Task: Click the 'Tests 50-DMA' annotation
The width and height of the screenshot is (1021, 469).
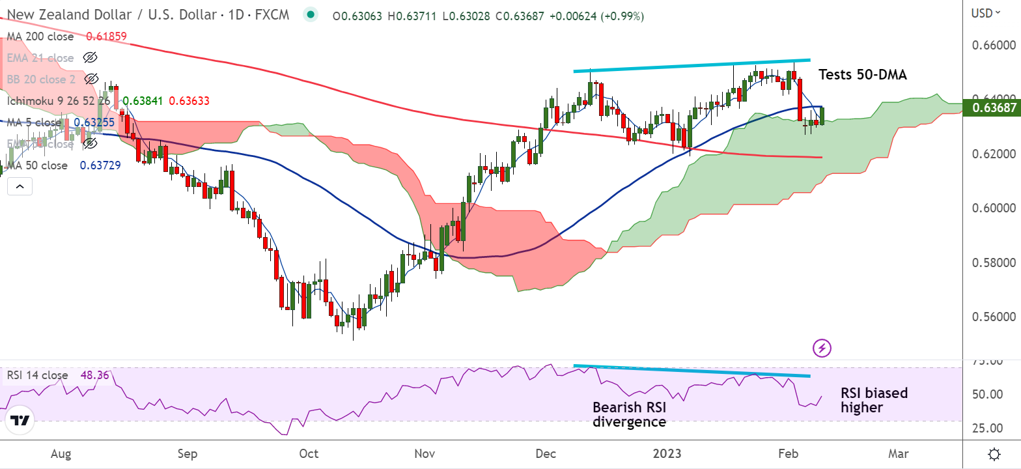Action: click(x=862, y=75)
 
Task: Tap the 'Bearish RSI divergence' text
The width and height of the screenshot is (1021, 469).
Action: click(x=629, y=415)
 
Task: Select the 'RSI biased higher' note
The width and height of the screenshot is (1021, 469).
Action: click(x=874, y=400)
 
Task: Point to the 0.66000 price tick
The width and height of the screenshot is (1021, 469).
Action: click(x=994, y=46)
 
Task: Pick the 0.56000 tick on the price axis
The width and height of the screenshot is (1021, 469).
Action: click(x=994, y=317)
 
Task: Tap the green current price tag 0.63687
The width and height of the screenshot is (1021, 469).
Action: click(x=994, y=107)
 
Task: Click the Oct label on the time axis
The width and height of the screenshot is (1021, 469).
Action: click(x=308, y=453)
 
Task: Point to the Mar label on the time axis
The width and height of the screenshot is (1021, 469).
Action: click(x=899, y=453)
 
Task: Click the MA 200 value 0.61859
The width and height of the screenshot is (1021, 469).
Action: click(x=107, y=37)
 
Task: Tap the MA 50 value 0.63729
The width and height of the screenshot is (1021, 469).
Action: click(x=100, y=165)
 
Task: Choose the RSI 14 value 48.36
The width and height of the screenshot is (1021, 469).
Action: click(x=94, y=375)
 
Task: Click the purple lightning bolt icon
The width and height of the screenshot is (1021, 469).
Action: click(x=822, y=348)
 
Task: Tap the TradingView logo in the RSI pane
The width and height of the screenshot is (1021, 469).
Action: click(x=21, y=421)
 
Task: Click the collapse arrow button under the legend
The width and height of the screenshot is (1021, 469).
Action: click(x=20, y=187)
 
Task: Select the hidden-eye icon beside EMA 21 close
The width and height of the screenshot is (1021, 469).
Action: click(x=91, y=58)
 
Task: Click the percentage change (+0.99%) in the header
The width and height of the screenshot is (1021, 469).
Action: click(x=623, y=16)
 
